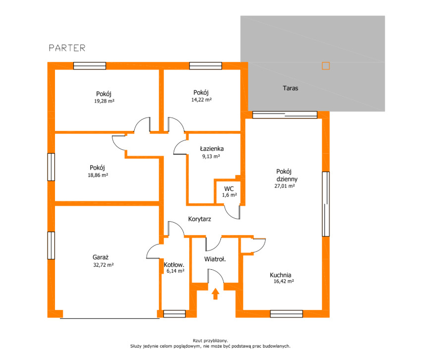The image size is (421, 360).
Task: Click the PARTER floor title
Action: [x=67, y=48]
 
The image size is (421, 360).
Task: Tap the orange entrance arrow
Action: [x=215, y=294]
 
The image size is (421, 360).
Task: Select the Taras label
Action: [x=290, y=88]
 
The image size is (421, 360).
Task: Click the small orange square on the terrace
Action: [x=326, y=66]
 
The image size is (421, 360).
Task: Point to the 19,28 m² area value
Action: [x=104, y=101]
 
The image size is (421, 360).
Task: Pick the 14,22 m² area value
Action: [x=202, y=100]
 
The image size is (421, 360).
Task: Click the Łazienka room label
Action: [x=212, y=149]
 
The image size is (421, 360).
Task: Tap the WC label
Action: [x=229, y=189]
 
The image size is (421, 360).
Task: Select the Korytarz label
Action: [x=200, y=219]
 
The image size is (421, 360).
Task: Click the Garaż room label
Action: [x=101, y=257]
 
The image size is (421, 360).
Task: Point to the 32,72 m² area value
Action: [x=104, y=265]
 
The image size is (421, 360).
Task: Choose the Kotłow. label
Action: [x=174, y=265]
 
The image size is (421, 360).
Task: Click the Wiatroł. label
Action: [x=215, y=259]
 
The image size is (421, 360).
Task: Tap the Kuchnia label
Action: [x=280, y=275]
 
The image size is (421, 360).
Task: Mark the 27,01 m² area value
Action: [x=285, y=186]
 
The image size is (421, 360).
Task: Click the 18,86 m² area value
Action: [x=98, y=175]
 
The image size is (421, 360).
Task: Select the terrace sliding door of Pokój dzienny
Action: [x=285, y=115]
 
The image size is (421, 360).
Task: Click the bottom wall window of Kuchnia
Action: [x=286, y=314]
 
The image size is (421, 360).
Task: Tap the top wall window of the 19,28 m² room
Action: [x=90, y=66]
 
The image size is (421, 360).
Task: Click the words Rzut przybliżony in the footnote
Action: [x=210, y=341]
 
